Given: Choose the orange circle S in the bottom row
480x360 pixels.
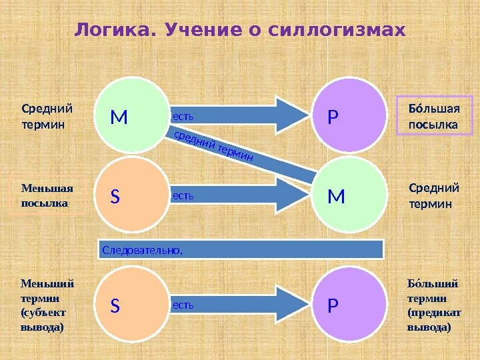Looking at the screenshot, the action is [x=131, y=305].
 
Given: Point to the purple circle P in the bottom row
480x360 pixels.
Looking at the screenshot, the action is [x=349, y=305].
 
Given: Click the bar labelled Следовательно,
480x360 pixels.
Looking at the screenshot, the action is [x=241, y=249].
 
